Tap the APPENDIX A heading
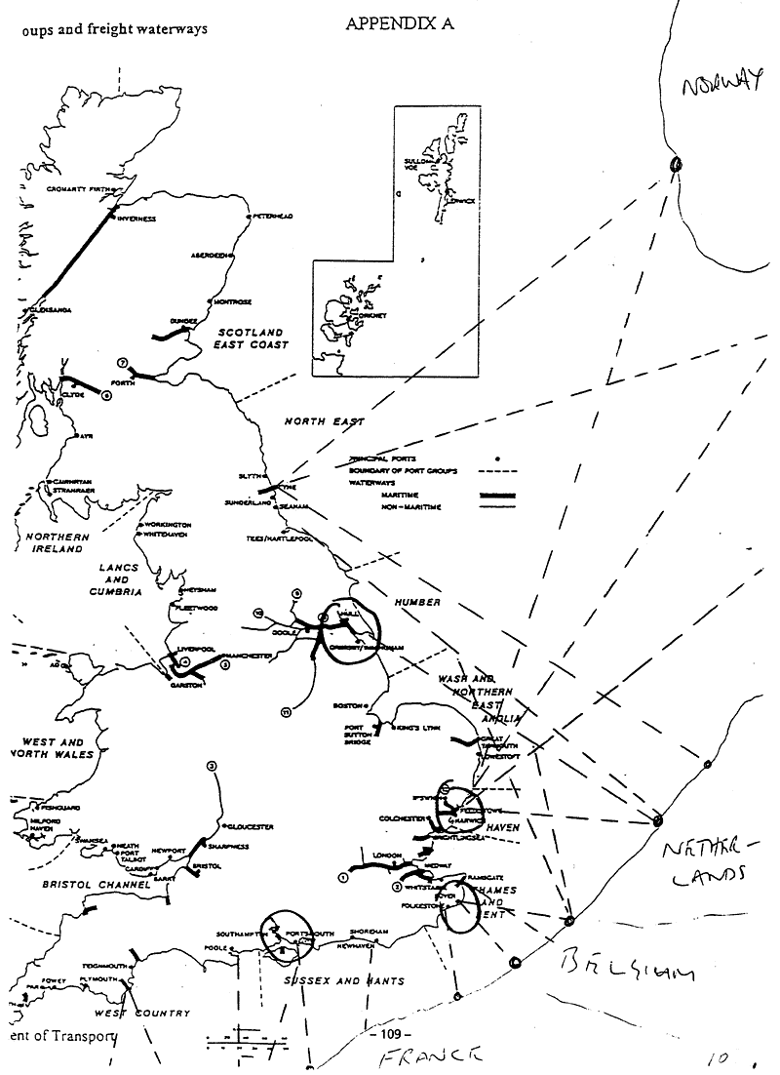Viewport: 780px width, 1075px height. coord(400,25)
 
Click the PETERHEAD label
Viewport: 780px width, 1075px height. coord(274,214)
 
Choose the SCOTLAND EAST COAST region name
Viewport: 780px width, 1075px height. coord(253,339)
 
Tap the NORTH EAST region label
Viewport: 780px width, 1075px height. coord(324,421)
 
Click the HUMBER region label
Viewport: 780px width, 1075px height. coord(418,603)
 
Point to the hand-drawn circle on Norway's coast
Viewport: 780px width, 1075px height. coord(674,166)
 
